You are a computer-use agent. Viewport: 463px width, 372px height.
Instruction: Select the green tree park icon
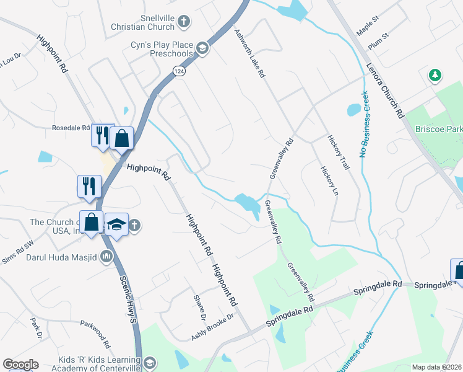tap(435, 75)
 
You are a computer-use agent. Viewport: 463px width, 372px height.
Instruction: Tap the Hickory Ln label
tap(329, 180)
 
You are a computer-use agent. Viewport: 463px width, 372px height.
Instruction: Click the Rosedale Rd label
tap(71, 128)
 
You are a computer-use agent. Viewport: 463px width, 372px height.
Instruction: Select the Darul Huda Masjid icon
tap(106, 255)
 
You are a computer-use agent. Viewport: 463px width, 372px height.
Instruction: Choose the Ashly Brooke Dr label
tap(212, 327)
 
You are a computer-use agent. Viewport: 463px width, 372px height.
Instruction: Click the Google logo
tap(20, 365)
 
